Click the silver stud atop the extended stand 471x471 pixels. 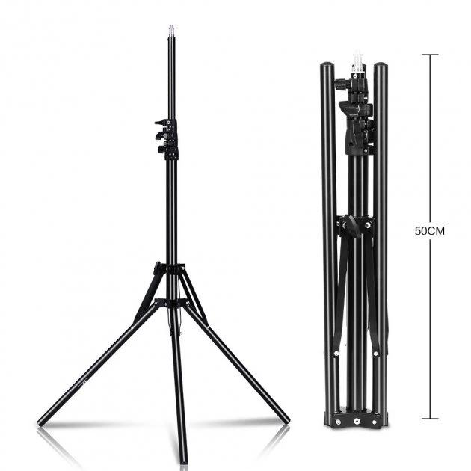(171, 31)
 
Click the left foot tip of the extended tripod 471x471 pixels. (40, 423)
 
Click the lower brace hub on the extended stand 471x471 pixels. (170, 302)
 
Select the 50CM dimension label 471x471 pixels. (430, 231)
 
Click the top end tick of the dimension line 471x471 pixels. (430, 55)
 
